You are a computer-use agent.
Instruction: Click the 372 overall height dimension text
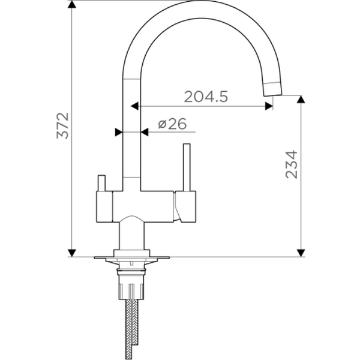coord(64,125)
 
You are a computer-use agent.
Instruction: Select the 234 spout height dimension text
coord(292,164)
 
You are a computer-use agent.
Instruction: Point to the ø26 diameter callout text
coord(172,124)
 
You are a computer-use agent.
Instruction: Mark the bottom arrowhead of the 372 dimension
coord(72,252)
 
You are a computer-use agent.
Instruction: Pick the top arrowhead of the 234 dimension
coord(301,100)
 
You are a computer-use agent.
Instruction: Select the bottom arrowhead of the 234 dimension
coord(301,252)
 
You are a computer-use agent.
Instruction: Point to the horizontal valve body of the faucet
coord(144,204)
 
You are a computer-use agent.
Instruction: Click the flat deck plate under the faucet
coord(132,258)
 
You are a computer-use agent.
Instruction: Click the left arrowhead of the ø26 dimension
coord(119,131)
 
